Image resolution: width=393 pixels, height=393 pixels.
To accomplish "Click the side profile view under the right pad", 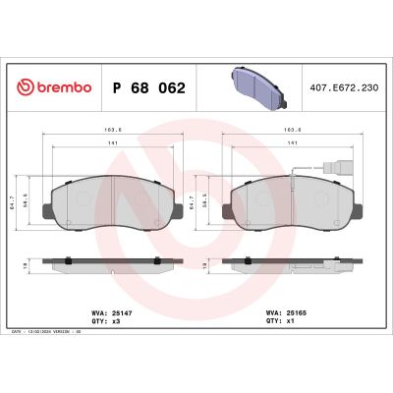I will point(288,266).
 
